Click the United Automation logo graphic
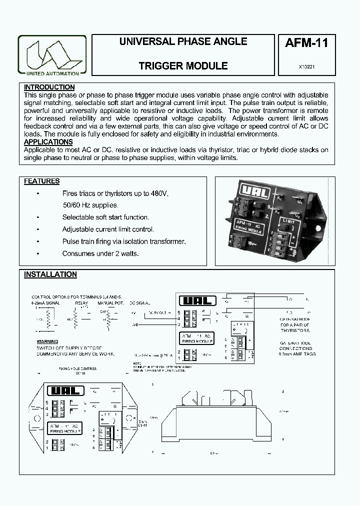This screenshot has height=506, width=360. click(52, 54)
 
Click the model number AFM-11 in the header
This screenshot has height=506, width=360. click(306, 43)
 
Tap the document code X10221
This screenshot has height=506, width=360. click(306, 66)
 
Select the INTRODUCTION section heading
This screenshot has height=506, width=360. click(49, 87)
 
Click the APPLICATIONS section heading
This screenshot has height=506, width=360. click(48, 142)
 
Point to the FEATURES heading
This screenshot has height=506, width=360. click(41, 181)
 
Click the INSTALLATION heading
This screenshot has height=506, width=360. click(50, 274)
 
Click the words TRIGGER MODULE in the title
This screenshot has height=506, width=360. click(183, 66)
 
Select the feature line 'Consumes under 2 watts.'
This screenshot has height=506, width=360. click(100, 253)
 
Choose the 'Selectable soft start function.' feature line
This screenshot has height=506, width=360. click(105, 217)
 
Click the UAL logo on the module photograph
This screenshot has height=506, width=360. click(248, 191)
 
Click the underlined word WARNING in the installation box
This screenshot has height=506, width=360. click(48, 342)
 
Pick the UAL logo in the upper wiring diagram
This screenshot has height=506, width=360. click(197, 301)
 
